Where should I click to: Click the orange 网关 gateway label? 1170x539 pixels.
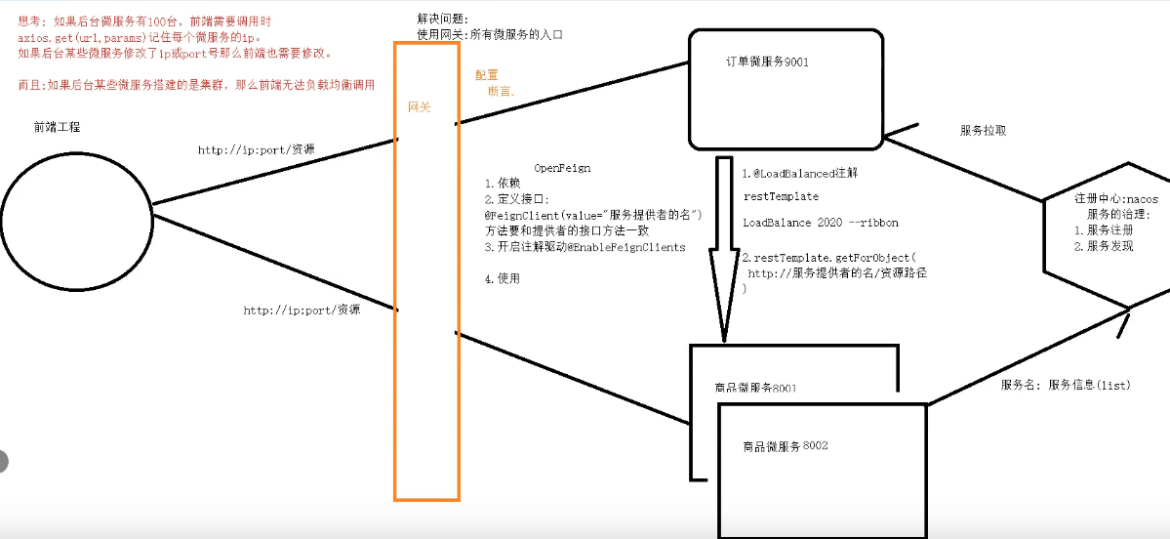420,107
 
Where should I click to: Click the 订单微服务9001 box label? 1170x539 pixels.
767,62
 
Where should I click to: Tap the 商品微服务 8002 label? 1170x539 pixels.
785,446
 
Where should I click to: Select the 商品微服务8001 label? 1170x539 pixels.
755,389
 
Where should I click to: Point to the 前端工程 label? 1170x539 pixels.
57,127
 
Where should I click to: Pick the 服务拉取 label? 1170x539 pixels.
983,130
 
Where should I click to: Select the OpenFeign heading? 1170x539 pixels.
563,168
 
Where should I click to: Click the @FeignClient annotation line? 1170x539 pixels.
593,215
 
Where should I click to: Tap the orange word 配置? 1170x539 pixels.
486,75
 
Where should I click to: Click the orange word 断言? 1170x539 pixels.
501,91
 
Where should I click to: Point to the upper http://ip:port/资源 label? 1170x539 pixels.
257,150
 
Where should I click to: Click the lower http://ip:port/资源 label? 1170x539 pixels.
302,311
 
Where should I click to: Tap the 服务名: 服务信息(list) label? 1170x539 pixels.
1065,386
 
